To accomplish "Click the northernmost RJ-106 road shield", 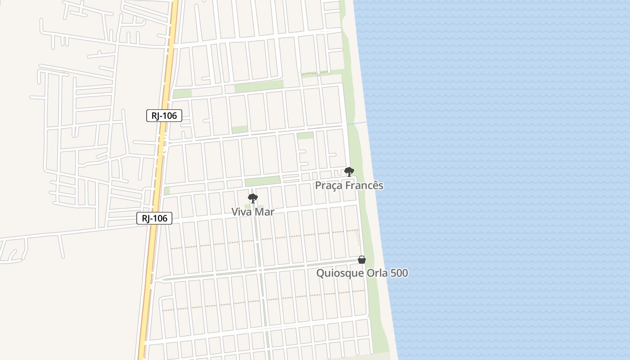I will pyautogui.click(x=164, y=116).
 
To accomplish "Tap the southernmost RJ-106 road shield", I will pyautogui.click(x=154, y=219).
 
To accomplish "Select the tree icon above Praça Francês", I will pyautogui.click(x=349, y=171).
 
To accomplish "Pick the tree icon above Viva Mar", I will pyautogui.click(x=253, y=198).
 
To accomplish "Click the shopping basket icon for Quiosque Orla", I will pyautogui.click(x=362, y=260).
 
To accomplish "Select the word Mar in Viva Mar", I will pyautogui.click(x=265, y=211).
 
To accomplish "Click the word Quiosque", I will pyautogui.click(x=337, y=273).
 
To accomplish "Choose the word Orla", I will pyautogui.click(x=376, y=273).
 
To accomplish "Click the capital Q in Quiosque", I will pyautogui.click(x=320, y=273).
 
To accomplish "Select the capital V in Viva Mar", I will pyautogui.click(x=235, y=211).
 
